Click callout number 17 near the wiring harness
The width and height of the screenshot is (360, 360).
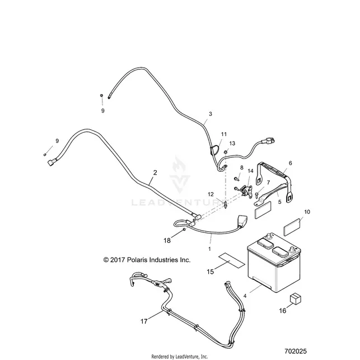144,321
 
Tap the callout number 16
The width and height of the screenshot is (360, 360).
283,311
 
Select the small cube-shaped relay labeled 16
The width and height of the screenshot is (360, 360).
296,299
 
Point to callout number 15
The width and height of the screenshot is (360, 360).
211,272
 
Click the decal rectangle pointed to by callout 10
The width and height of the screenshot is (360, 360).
292,227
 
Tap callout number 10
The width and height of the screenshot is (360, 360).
307,212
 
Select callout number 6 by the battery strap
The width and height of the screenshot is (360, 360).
291,163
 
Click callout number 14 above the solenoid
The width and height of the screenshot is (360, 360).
250,171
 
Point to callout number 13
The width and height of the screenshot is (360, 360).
232,143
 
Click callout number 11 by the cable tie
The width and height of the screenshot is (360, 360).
224,134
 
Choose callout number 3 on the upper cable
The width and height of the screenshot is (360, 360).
211,114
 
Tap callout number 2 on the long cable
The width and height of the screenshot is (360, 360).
155,172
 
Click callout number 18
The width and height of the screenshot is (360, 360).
167,240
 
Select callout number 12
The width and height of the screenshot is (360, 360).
211,194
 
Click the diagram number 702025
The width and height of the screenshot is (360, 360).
296,351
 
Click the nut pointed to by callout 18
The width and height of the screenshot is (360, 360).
184,230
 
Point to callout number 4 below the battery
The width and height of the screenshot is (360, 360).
245,296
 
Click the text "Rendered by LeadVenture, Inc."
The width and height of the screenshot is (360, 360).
180,357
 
